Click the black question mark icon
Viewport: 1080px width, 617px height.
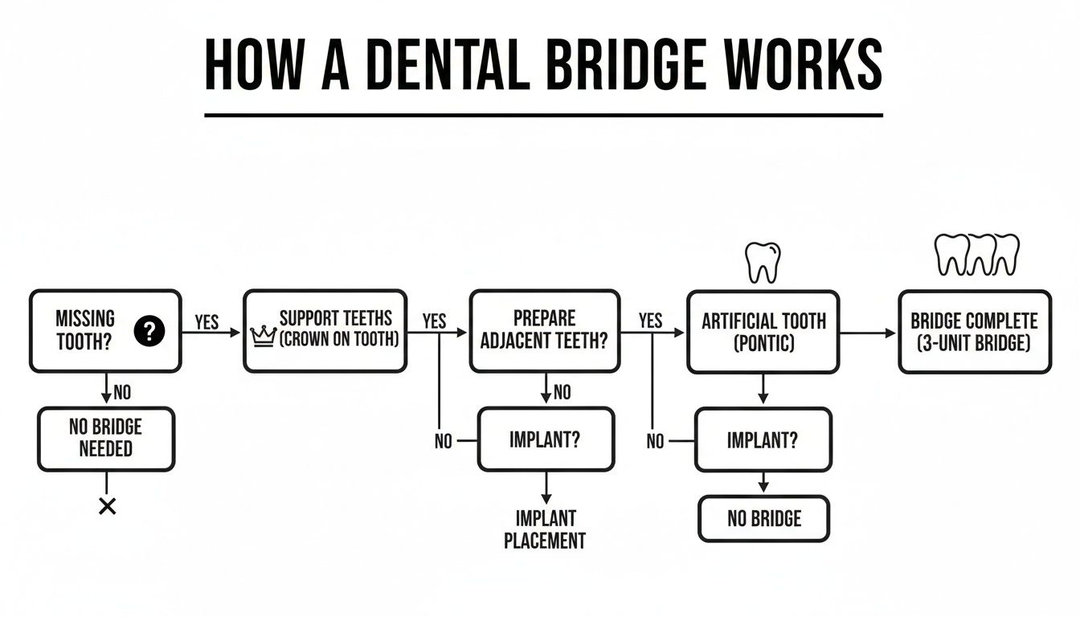[x=149, y=331]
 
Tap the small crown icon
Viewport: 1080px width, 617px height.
[x=264, y=336]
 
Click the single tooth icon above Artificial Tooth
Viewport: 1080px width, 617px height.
[x=763, y=263]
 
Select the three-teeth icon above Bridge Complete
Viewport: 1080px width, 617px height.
[x=977, y=255]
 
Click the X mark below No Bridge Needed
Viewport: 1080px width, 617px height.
[x=106, y=506]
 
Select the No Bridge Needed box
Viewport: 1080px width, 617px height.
[x=105, y=438]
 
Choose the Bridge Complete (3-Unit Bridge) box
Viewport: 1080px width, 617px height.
[x=974, y=331]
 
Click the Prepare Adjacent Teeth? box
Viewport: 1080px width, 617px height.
[x=544, y=331]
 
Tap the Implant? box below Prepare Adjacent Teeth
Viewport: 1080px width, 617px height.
[x=546, y=439]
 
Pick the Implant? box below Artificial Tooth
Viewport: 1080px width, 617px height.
[x=763, y=439]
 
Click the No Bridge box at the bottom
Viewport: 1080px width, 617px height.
[x=763, y=518]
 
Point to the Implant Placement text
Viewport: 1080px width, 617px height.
[x=545, y=529]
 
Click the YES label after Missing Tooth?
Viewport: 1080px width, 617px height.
[x=207, y=322]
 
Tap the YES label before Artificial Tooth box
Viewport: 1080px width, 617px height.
[x=650, y=321]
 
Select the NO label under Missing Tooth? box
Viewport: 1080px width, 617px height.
[x=121, y=393]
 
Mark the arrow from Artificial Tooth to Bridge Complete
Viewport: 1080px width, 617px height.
[x=867, y=332]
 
